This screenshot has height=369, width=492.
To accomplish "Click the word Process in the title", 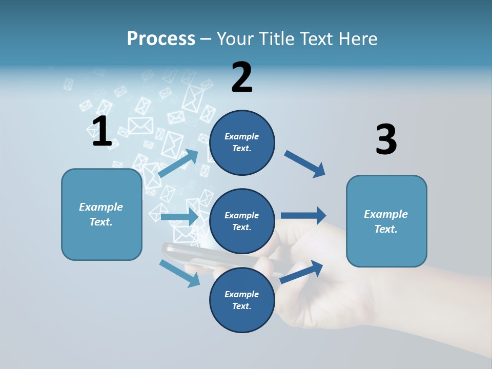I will [x=161, y=38].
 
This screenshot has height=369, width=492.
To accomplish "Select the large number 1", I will [x=101, y=132].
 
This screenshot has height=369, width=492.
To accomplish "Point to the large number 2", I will [x=242, y=77].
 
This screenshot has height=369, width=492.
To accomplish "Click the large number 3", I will [x=386, y=140].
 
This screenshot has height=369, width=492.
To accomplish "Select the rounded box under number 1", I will [x=101, y=214].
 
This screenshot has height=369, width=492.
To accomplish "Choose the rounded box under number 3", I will [x=386, y=221].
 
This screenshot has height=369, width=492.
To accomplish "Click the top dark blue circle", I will [x=242, y=142].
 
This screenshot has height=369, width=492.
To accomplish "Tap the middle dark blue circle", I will [x=242, y=221].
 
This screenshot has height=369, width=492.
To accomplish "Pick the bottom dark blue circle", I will [x=242, y=300].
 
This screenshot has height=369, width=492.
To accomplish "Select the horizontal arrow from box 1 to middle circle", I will [x=179, y=217].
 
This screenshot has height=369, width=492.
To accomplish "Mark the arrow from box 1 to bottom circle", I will [x=179, y=273].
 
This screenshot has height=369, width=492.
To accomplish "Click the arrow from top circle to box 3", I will [x=305, y=164].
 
